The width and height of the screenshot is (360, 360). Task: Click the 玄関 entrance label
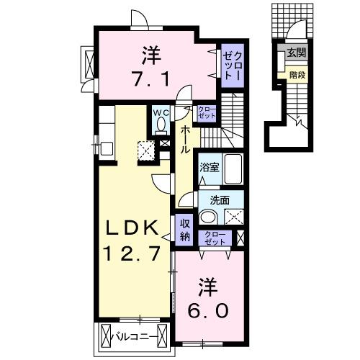point(295,53)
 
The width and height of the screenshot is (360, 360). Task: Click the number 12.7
point(132,253)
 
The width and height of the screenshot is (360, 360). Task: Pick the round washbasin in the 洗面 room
point(208,217)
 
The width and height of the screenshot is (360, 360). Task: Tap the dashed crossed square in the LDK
point(148,150)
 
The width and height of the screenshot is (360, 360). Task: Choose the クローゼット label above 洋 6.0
point(215,238)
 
